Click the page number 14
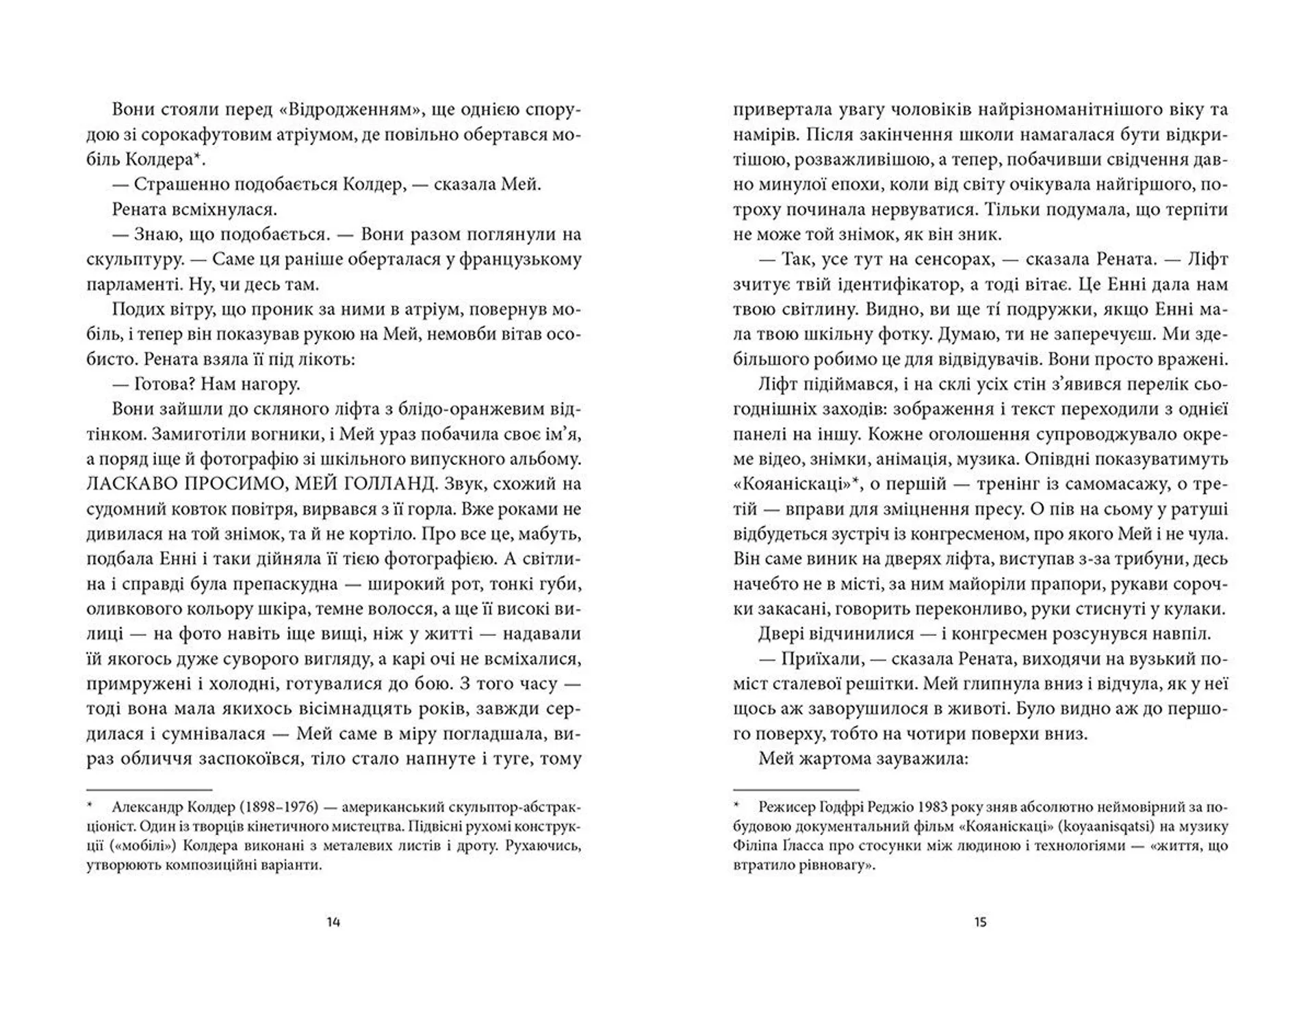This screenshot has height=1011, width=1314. (333, 922)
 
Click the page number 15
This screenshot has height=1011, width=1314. (980, 922)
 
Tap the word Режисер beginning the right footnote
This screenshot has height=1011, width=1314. (788, 807)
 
